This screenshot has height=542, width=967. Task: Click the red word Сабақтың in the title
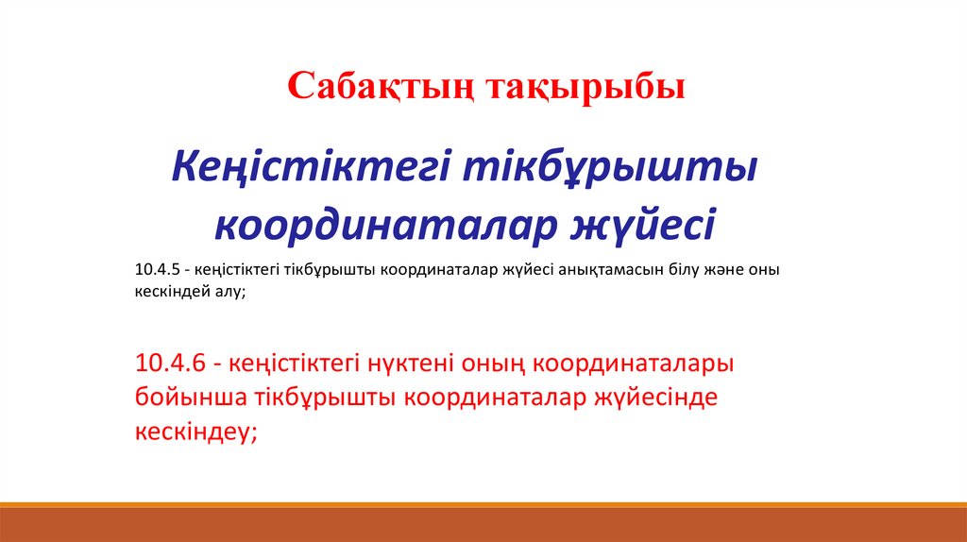click(381, 87)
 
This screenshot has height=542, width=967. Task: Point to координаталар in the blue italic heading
click(386, 224)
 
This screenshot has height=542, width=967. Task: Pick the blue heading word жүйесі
click(642, 224)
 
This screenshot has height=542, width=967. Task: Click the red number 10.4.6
click(170, 364)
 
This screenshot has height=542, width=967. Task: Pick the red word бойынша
click(191, 398)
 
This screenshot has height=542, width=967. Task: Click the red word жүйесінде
click(655, 398)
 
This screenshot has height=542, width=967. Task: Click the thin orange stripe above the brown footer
click(483, 505)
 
